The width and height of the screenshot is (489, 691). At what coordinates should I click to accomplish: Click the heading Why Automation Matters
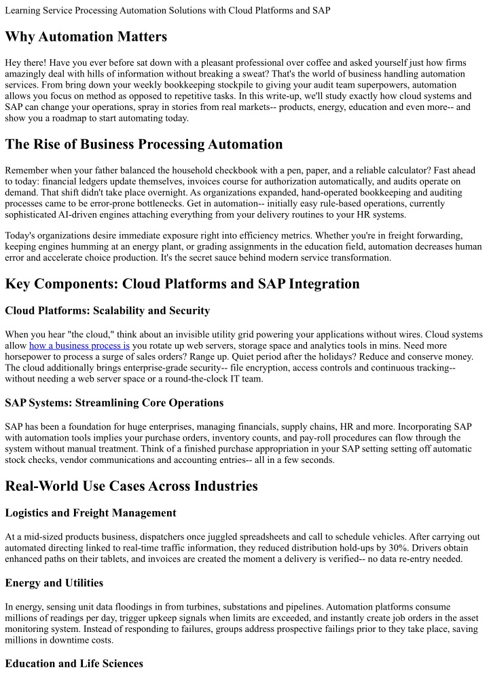tap(86, 36)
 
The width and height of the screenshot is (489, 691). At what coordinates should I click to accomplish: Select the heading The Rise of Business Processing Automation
tap(143, 144)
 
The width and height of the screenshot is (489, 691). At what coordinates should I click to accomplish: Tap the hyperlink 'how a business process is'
tap(79, 345)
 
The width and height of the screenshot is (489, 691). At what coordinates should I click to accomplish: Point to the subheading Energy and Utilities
tap(54, 582)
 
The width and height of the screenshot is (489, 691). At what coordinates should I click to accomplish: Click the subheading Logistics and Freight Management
tap(90, 512)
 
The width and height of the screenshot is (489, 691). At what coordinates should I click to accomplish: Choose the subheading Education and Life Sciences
tap(74, 663)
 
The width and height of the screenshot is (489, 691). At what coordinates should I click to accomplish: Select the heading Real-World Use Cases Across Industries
tap(131, 486)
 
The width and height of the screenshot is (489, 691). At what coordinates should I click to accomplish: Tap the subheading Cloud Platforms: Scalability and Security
tap(107, 310)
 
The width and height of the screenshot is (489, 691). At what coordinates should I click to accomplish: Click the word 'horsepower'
tap(26, 356)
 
